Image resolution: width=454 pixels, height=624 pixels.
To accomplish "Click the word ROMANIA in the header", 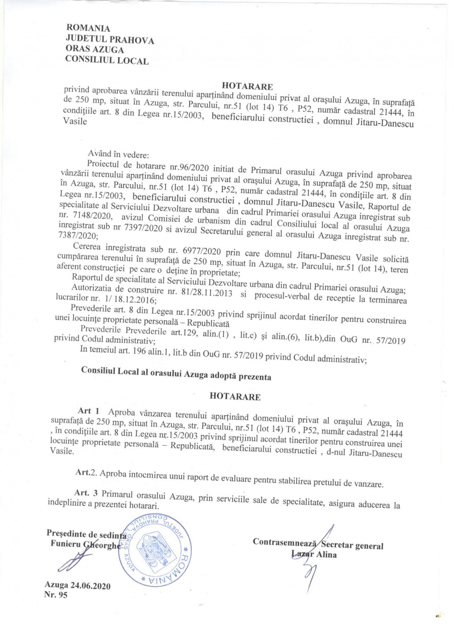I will click(x=87, y=29).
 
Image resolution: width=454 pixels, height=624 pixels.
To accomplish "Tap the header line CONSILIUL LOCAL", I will click(x=107, y=60).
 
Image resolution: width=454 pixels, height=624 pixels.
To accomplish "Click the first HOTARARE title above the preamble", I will click(x=247, y=86).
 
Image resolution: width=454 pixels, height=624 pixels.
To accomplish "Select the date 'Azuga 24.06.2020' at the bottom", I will click(x=78, y=585).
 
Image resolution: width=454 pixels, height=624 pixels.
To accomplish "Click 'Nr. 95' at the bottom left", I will click(x=56, y=595).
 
